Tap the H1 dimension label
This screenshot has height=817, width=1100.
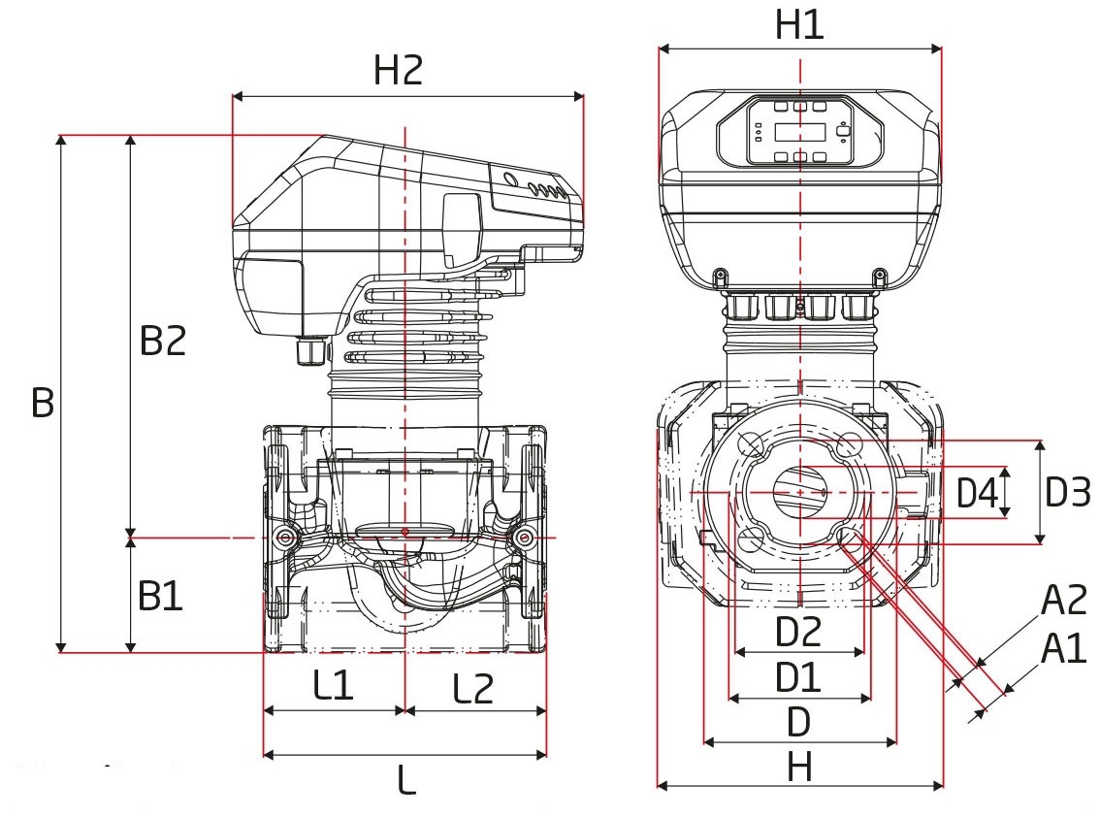(799, 25)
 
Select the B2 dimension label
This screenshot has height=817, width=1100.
(162, 341)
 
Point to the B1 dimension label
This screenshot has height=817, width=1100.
(160, 596)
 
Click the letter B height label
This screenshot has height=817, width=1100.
(42, 402)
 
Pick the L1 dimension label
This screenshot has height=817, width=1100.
(333, 686)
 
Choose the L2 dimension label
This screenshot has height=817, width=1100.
(473, 688)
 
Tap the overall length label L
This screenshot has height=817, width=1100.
(407, 779)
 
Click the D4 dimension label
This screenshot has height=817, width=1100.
(977, 493)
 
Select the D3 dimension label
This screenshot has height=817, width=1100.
(1068, 493)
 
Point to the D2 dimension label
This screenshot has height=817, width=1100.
(799, 633)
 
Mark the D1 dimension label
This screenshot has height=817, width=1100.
(797, 677)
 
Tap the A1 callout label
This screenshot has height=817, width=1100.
(1063, 648)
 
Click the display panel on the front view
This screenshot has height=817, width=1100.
(800, 132)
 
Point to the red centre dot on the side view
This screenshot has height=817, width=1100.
(404, 532)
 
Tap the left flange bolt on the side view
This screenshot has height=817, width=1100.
(284, 537)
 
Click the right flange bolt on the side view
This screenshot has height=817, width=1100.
(526, 537)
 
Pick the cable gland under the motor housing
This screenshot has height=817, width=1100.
(309, 350)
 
